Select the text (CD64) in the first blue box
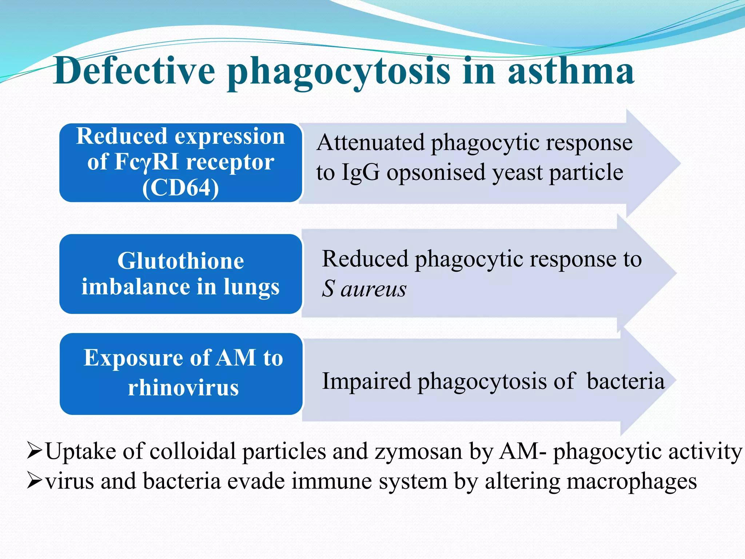tap(180, 188)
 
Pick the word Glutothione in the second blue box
tap(180, 261)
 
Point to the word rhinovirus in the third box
tap(183, 388)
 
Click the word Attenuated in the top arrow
tap(370, 142)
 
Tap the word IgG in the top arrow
tap(360, 172)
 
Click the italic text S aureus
tap(364, 289)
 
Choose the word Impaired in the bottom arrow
tap(366, 381)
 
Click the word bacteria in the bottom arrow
tap(625, 381)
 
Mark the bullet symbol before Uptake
tap(35, 452)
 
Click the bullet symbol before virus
tap(35, 481)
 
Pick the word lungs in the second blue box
tap(251, 288)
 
